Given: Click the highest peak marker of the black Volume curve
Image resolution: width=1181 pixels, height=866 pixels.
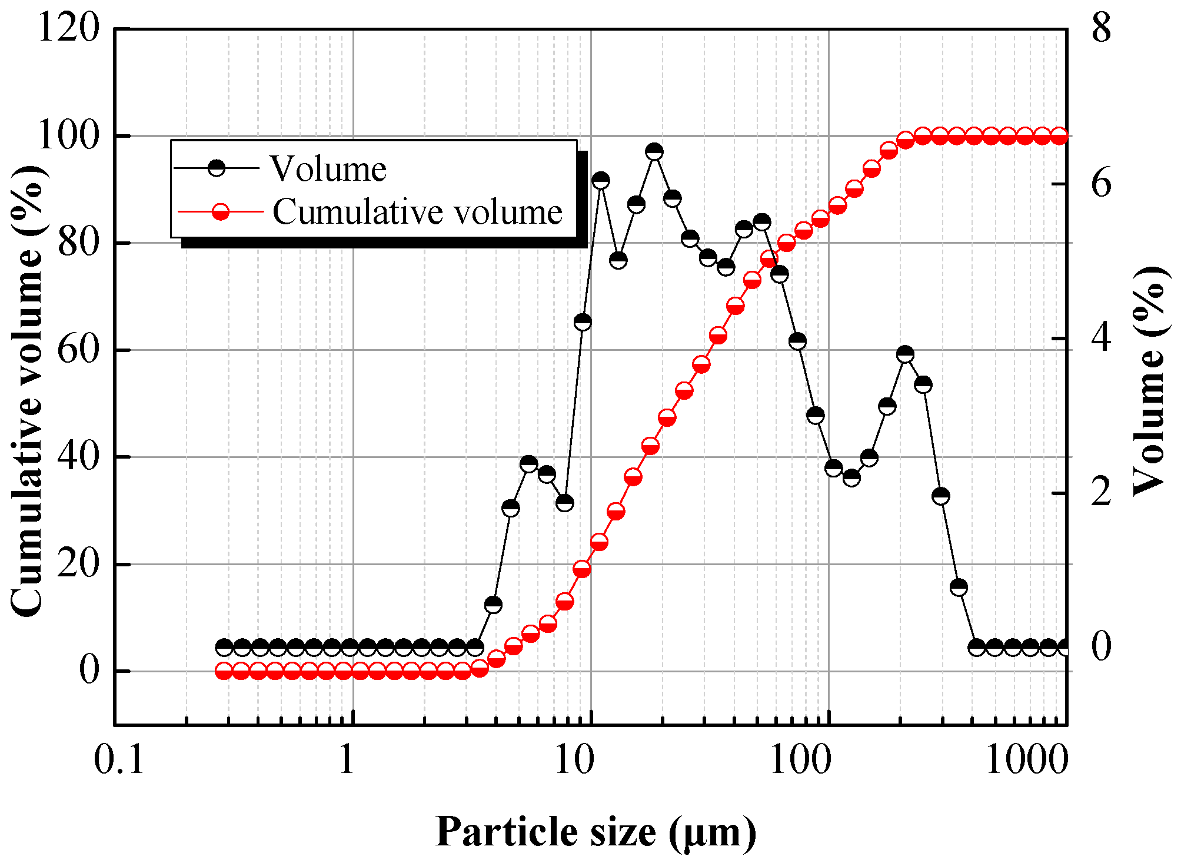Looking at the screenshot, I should click(x=654, y=151).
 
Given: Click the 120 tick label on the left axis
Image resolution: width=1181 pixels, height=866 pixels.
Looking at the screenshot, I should click(x=68, y=28).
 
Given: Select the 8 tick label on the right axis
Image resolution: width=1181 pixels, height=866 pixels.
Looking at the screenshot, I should click(x=1101, y=28).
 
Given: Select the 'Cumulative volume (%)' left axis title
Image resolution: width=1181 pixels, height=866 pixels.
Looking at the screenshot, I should click(x=28, y=391).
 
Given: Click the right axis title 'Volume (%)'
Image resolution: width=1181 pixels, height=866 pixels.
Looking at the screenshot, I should click(x=1149, y=380).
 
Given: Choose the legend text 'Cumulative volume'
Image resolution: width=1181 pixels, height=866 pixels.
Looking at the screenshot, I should click(x=417, y=212).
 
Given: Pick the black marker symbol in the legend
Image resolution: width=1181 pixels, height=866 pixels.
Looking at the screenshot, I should click(x=217, y=168).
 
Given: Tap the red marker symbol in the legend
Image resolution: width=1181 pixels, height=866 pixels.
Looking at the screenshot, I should click(x=221, y=212).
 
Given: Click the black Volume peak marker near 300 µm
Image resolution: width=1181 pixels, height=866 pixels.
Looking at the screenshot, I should click(x=906, y=354).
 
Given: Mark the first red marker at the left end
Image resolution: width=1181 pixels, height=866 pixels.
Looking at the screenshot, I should click(x=224, y=671).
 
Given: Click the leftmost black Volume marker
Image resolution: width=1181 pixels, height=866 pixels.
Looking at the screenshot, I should click(x=224, y=648).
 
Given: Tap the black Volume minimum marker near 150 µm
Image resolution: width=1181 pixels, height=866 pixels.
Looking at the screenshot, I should click(x=851, y=477).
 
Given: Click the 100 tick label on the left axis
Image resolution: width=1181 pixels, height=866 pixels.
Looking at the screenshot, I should click(x=68, y=135).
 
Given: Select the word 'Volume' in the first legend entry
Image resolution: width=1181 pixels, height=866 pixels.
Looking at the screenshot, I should click(x=328, y=170).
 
